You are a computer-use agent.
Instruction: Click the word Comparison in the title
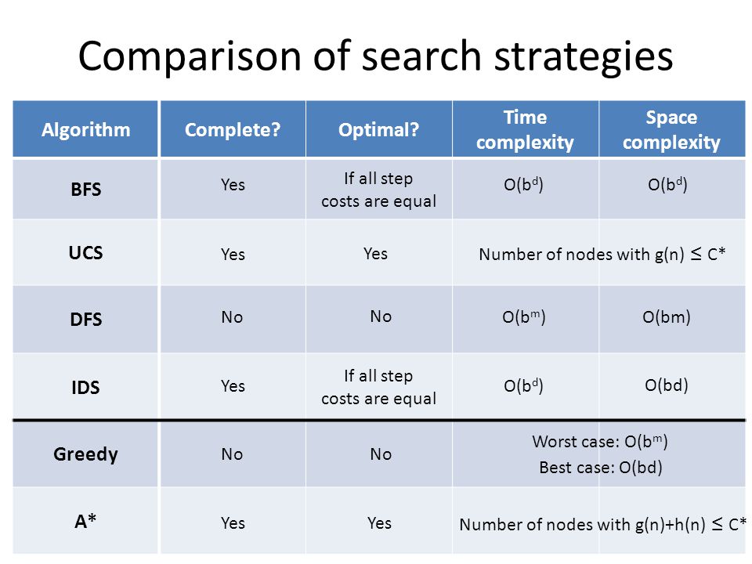click(x=190, y=56)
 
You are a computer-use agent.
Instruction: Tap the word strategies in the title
click(x=584, y=56)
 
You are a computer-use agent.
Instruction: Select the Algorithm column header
click(x=86, y=129)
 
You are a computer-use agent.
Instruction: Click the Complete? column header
click(x=233, y=129)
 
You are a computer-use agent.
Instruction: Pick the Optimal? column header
click(x=379, y=129)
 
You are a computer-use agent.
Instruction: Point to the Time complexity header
click(x=525, y=129)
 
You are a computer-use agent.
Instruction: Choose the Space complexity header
click(x=671, y=129)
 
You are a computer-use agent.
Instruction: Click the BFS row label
click(x=86, y=189)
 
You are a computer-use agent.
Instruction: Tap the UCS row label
click(x=86, y=253)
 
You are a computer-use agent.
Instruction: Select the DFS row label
click(x=86, y=319)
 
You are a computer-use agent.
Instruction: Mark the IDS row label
click(x=86, y=387)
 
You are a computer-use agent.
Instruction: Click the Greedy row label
click(x=86, y=454)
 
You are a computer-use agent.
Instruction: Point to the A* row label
click(x=86, y=521)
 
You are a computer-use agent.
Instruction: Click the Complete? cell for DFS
click(x=232, y=317)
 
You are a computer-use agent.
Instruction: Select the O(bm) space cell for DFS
click(x=667, y=317)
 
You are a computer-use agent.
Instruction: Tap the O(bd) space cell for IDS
click(x=667, y=385)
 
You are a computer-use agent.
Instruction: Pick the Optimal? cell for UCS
click(x=375, y=253)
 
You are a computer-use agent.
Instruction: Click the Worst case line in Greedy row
click(x=600, y=441)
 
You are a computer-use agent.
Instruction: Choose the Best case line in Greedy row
click(x=601, y=467)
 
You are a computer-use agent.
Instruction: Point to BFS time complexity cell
click(x=524, y=184)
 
